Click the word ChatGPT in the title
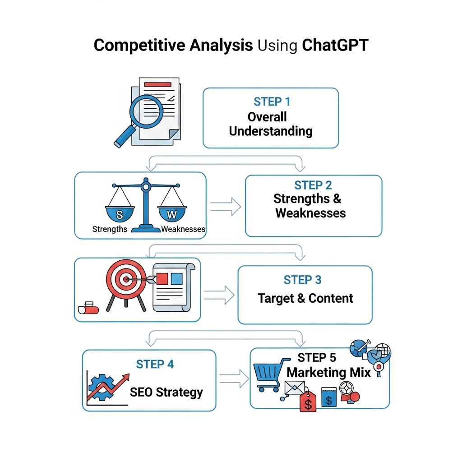(x=335, y=46)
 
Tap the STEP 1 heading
(x=272, y=102)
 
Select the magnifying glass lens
(x=147, y=111)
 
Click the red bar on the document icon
(x=157, y=84)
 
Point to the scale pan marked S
(x=120, y=213)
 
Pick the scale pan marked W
(x=172, y=213)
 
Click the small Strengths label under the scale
(x=110, y=229)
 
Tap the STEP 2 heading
(x=313, y=185)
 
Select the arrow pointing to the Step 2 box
(x=226, y=207)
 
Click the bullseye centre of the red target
(x=126, y=279)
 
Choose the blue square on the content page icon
(x=176, y=279)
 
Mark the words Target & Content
(x=305, y=299)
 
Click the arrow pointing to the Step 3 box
(x=219, y=295)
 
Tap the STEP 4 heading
(x=155, y=365)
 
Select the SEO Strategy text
(x=166, y=393)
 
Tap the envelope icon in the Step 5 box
(x=295, y=388)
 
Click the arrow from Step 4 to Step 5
(x=234, y=379)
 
